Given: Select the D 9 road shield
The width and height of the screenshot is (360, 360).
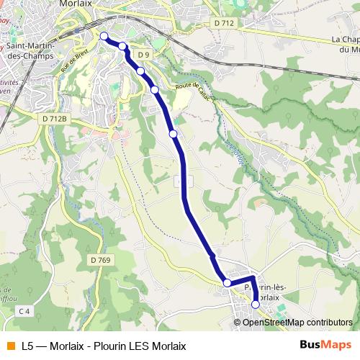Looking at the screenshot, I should [x=144, y=55].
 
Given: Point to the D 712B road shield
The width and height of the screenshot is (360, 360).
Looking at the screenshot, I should [x=54, y=118].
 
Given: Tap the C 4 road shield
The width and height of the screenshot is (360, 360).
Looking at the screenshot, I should [x=24, y=311].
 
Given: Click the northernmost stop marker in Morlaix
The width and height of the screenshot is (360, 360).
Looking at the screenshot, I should [x=104, y=36].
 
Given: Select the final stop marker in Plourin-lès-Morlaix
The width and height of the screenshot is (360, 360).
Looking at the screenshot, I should [x=255, y=305].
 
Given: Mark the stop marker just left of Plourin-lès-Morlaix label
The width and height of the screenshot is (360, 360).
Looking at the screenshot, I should [x=228, y=283].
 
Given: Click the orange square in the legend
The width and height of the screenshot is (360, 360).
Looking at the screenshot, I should [x=9, y=346].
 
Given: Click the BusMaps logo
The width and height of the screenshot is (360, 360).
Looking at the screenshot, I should [x=325, y=345].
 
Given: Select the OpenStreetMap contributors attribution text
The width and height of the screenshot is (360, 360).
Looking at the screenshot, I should [x=297, y=323].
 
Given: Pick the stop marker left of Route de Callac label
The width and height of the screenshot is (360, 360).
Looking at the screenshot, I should [x=155, y=89].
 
